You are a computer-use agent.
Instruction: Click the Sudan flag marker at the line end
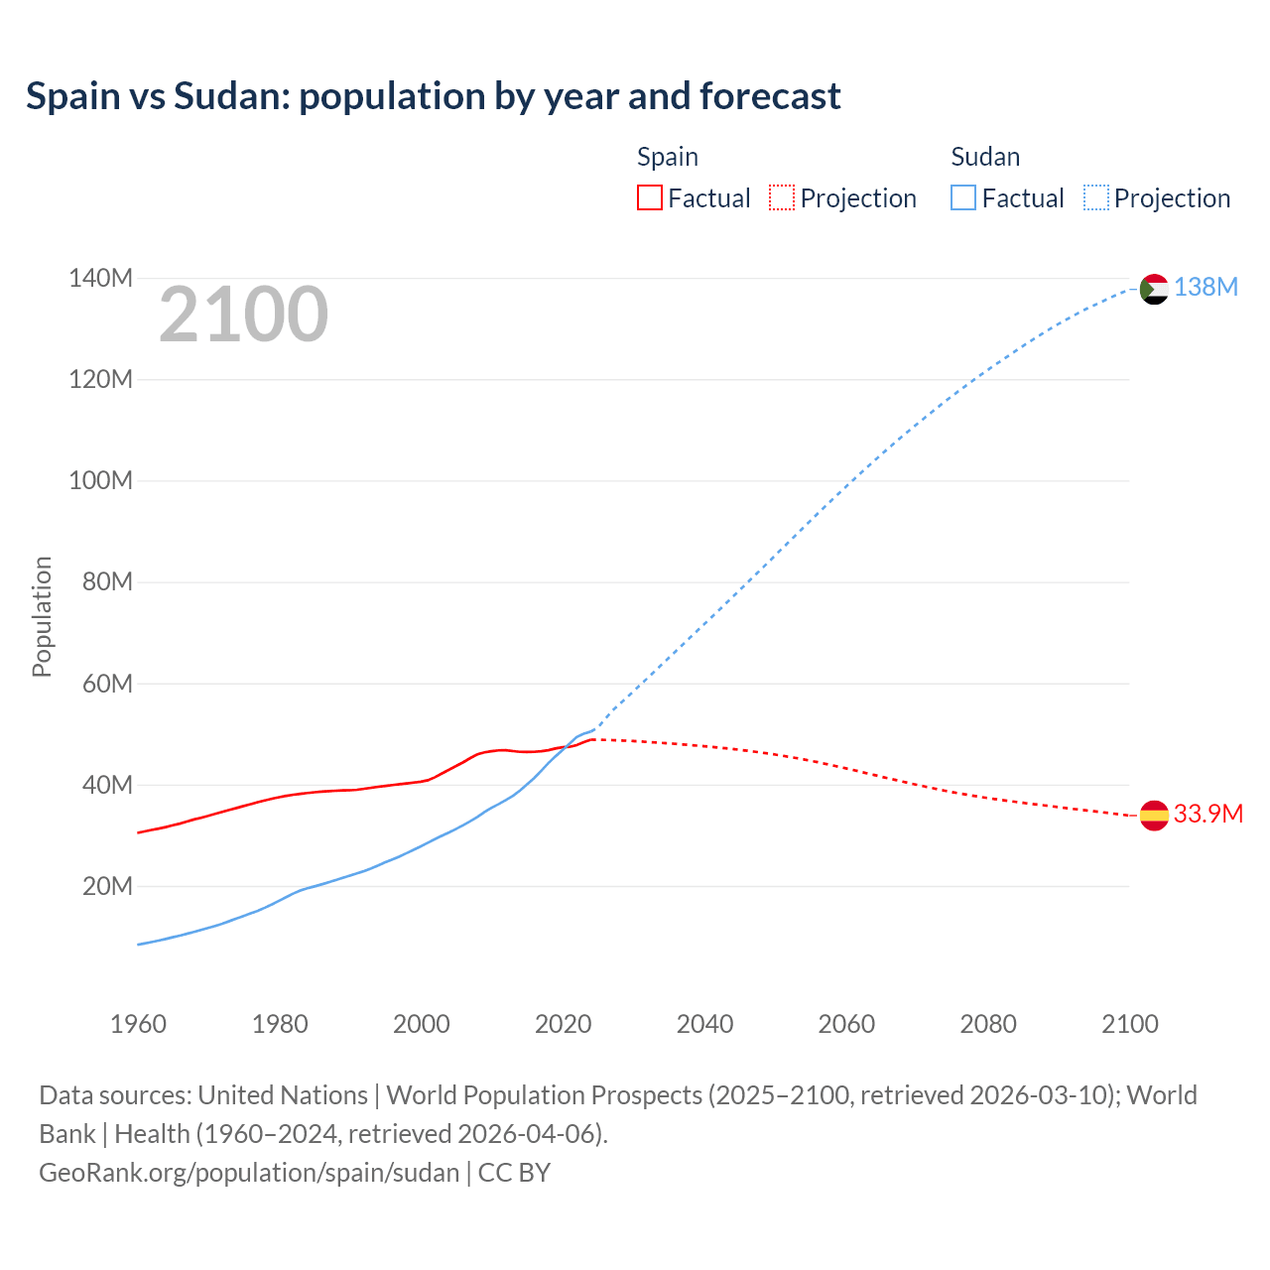tap(1154, 289)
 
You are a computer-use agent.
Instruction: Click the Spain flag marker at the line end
tap(1154, 816)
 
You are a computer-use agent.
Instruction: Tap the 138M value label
tap(1206, 287)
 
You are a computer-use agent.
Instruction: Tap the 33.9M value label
tap(1207, 814)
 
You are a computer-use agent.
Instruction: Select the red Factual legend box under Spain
tap(649, 197)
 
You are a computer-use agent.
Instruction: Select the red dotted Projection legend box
tap(782, 197)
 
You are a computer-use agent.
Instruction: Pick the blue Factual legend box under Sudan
tap(962, 197)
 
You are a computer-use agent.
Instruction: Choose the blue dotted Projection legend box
tap(1095, 197)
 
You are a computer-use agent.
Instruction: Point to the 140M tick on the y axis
tap(100, 278)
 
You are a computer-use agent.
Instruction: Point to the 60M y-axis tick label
tap(107, 684)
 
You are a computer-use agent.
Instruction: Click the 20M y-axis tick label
tap(107, 886)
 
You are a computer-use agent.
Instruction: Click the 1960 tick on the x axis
tap(138, 1024)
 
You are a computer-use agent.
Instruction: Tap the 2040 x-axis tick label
tap(704, 1024)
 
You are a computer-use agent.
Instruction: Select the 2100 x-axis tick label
tap(1129, 1024)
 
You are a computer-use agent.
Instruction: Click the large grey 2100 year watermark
tap(243, 315)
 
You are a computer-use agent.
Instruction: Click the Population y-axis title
tap(42, 616)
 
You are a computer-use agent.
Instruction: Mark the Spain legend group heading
tap(667, 157)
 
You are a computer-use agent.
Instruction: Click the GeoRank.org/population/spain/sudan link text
tap(249, 1173)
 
